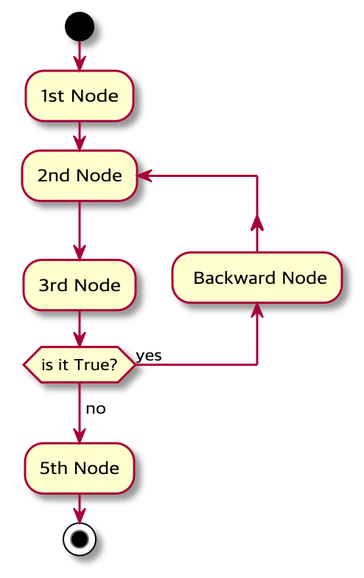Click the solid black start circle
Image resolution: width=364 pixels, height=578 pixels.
coord(79,27)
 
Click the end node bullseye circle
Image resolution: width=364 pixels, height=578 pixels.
coord(79,538)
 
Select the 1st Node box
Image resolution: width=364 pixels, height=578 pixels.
coord(79,96)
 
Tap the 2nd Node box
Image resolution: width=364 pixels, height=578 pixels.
coord(79,175)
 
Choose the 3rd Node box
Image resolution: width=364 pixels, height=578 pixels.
coord(79,285)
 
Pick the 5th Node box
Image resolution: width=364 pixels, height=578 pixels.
coord(79,468)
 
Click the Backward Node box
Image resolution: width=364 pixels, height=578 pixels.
coord(256,278)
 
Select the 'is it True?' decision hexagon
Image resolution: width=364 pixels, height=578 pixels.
coord(79,365)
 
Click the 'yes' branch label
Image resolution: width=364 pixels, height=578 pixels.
coord(149,355)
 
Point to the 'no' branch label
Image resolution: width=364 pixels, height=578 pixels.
coord(96,408)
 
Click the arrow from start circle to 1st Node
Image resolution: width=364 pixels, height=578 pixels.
coord(79,56)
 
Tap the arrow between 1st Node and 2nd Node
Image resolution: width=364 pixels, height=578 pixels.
coord(79,136)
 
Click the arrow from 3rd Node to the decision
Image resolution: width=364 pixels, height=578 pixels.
coord(79,328)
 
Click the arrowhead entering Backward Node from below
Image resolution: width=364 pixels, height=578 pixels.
coord(256,310)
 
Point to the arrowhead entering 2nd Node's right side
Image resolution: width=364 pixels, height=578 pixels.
coord(144,175)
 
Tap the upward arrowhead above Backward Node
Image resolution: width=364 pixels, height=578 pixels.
coord(256,222)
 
